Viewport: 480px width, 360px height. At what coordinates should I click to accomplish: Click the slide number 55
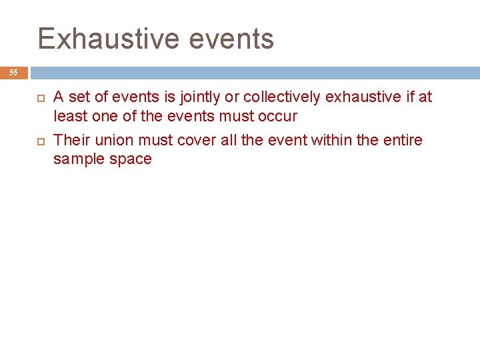14,73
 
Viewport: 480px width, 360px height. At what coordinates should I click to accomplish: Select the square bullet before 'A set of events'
38,98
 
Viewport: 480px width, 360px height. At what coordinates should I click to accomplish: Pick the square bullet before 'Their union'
38,141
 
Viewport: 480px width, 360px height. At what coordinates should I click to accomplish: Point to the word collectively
280,97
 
